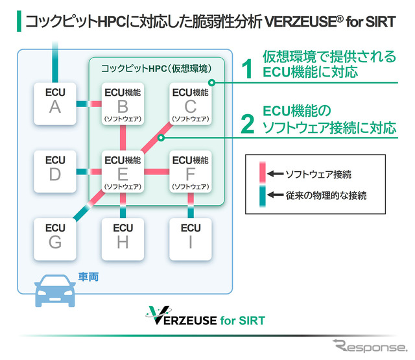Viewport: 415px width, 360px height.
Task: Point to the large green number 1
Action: [246, 68]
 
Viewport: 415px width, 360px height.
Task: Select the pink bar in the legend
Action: [261, 174]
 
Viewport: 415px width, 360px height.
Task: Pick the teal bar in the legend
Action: [261, 195]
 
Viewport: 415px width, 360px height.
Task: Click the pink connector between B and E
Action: [123, 138]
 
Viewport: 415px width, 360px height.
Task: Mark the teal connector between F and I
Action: [191, 206]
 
